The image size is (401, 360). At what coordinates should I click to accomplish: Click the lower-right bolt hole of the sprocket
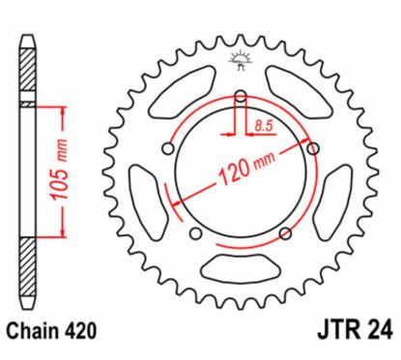pos(284,232)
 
